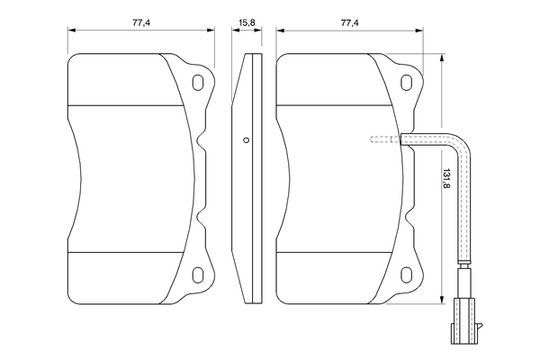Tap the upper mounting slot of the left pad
(198, 84)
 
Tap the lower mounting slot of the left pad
(198, 271)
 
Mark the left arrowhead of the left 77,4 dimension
(71, 30)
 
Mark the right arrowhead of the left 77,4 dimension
(212, 30)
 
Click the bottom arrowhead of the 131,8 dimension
(443, 301)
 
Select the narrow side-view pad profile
(246, 180)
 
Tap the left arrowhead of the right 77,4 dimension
(280, 30)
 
